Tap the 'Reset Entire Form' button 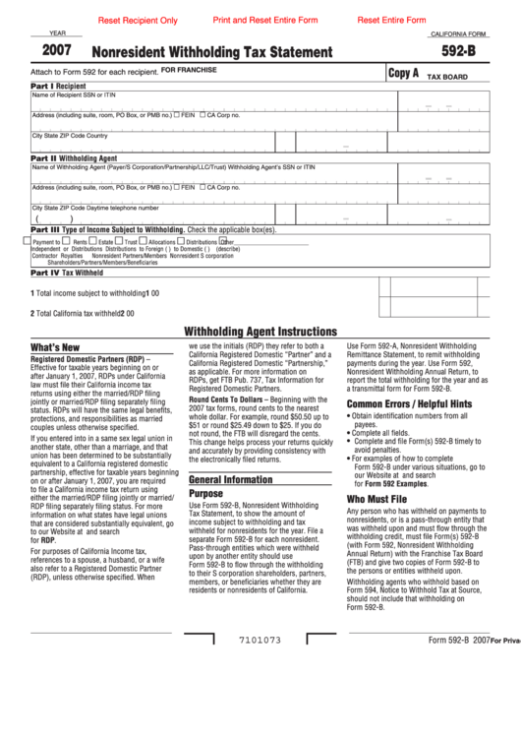click(391, 20)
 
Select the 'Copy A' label click(403, 73)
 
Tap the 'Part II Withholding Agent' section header click(74, 157)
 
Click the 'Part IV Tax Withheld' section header click(68, 273)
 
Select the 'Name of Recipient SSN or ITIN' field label click(74, 95)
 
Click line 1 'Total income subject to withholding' click(90, 292)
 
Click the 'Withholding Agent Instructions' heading click(260, 332)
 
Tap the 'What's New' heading click(55, 348)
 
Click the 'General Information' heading click(230, 479)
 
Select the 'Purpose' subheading click(205, 493)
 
